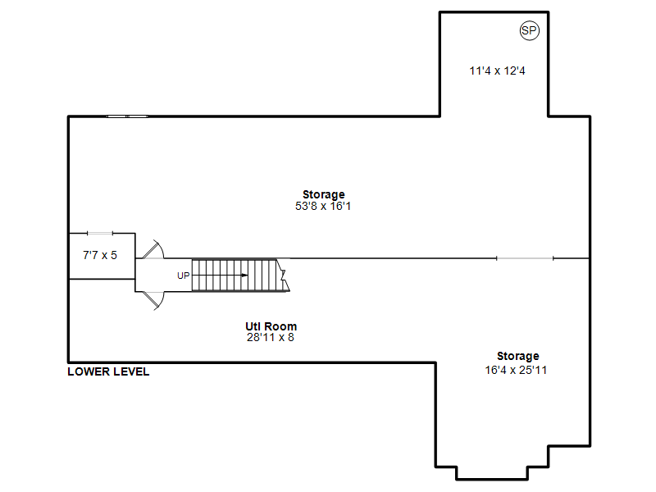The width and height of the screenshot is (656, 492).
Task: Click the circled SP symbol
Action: click(x=529, y=30)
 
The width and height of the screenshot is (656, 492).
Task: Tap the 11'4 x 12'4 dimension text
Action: click(x=497, y=71)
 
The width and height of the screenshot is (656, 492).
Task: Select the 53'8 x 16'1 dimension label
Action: click(x=323, y=206)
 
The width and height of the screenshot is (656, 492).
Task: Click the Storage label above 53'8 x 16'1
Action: click(x=324, y=194)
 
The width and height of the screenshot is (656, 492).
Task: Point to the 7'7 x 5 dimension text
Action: click(x=100, y=255)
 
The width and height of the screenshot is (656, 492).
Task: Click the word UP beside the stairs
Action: click(x=183, y=276)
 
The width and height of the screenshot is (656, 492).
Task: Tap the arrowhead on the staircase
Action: click(x=244, y=276)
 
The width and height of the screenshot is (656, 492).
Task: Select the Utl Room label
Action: click(x=271, y=326)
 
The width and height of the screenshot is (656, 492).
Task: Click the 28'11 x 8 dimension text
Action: click(x=271, y=337)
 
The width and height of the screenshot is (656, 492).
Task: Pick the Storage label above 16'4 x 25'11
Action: click(x=518, y=356)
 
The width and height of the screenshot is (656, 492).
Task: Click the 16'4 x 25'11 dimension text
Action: click(x=516, y=370)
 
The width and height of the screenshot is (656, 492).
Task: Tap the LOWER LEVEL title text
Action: click(x=108, y=371)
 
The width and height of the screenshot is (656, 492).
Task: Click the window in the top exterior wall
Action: click(x=127, y=116)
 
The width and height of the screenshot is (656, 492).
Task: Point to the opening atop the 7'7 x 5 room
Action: click(x=100, y=233)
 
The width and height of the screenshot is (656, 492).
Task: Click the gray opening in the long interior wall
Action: click(x=525, y=258)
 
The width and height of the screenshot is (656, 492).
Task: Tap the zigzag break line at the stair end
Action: click(x=284, y=275)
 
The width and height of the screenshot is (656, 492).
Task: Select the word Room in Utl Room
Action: click(x=280, y=326)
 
